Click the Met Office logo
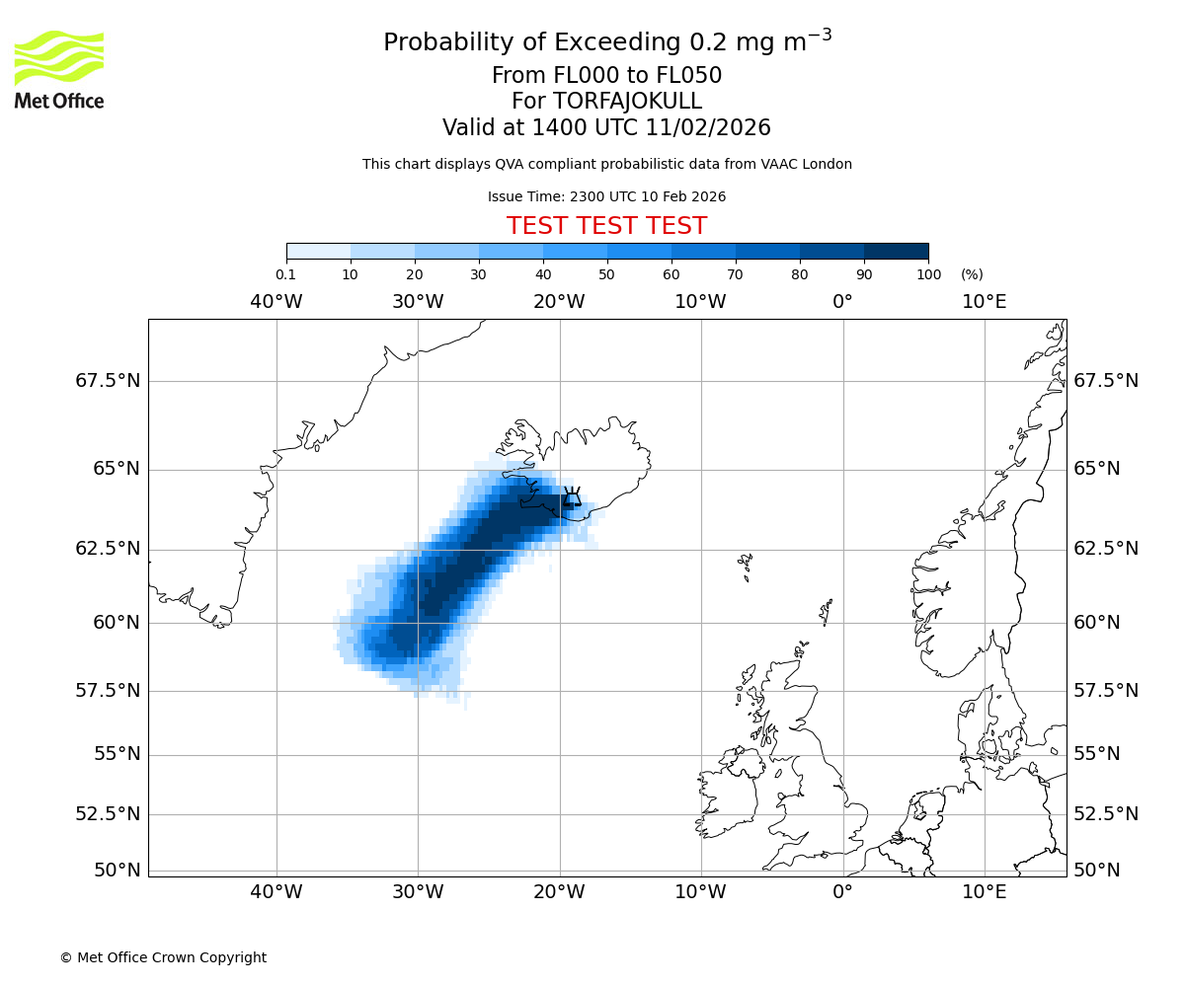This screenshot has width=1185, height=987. (59, 69)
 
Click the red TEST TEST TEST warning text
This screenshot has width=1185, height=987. (606, 226)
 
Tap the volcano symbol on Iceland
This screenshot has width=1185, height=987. (572, 496)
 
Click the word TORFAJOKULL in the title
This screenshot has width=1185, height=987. (628, 102)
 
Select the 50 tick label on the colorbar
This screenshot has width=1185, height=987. (606, 274)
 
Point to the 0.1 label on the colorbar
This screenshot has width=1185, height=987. (286, 274)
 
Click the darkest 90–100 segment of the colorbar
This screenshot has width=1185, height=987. (896, 251)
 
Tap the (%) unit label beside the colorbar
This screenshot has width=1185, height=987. (972, 274)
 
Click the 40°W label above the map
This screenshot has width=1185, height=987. (276, 302)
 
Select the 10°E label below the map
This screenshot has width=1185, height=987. (984, 892)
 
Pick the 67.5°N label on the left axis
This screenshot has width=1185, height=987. (108, 381)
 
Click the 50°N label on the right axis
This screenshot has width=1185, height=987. (1097, 871)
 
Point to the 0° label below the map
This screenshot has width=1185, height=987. (842, 892)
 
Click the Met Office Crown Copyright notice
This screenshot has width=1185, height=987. (163, 957)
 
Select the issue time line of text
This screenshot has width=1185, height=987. (606, 196)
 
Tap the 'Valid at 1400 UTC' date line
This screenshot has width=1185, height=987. (606, 128)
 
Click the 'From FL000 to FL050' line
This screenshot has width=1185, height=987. (606, 76)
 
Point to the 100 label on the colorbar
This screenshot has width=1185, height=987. (928, 274)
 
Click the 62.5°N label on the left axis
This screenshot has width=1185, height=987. (108, 549)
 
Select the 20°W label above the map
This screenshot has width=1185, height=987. (559, 302)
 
